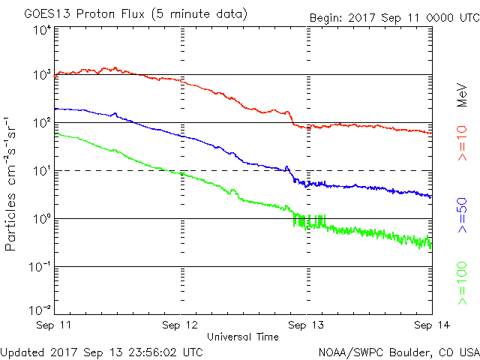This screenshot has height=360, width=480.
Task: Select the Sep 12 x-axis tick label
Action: point(180,325)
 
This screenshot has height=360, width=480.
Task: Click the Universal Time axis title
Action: point(241,337)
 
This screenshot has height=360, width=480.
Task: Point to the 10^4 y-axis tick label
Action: point(41,30)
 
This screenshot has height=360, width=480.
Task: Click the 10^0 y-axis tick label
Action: point(41,218)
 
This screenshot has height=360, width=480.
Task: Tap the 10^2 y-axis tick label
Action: point(41,122)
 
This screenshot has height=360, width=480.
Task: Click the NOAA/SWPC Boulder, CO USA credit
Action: point(398,351)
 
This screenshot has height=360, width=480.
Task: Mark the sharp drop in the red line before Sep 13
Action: point(292,118)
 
